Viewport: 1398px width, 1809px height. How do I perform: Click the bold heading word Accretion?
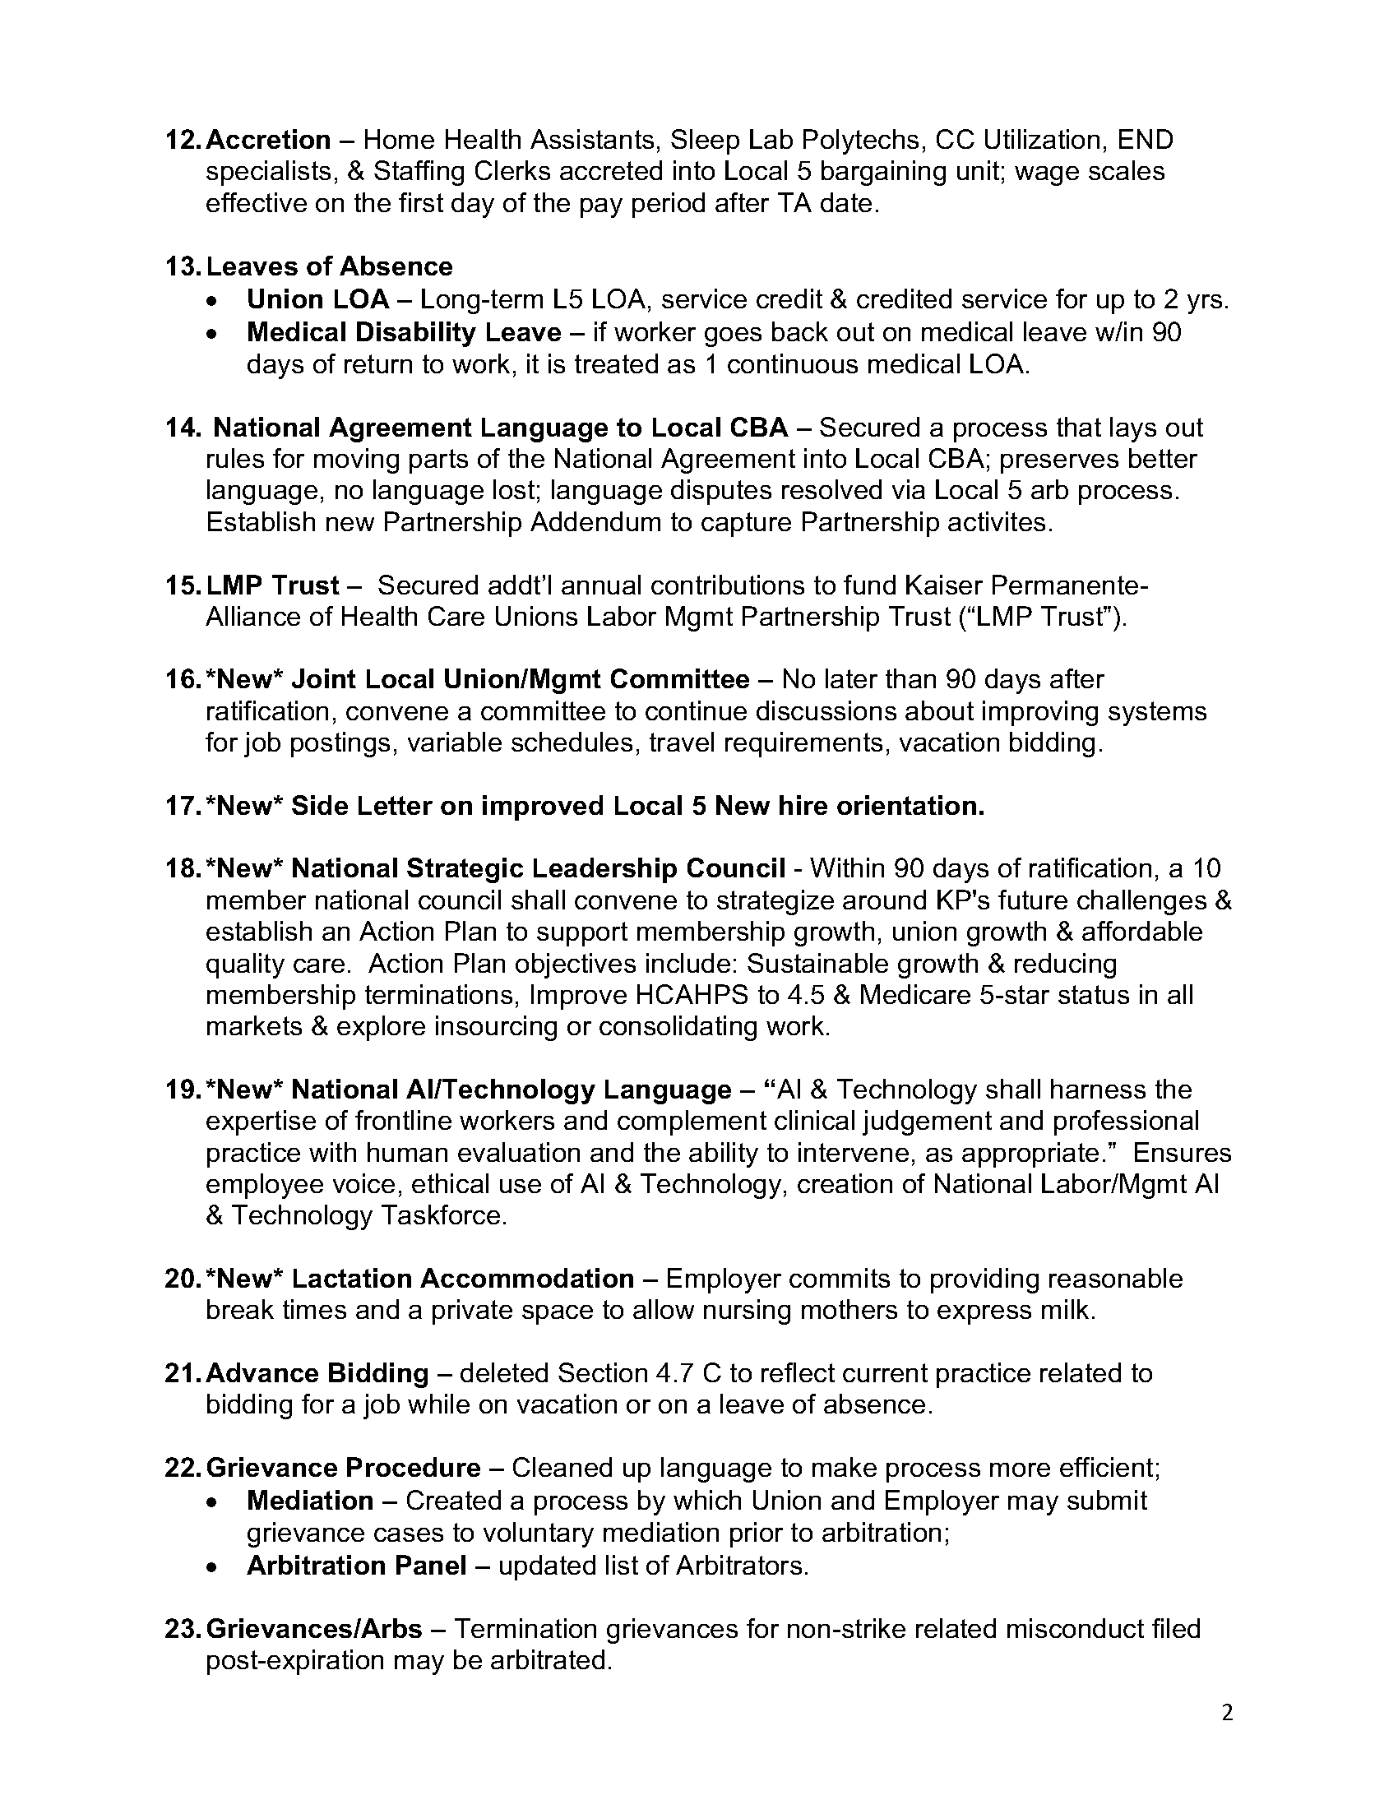tap(267, 140)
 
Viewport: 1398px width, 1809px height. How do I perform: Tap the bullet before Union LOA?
tap(215, 300)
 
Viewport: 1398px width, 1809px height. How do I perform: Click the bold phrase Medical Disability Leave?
tap(403, 332)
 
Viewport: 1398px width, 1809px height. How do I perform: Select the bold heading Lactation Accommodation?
tap(463, 1278)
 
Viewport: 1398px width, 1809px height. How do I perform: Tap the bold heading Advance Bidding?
tap(317, 1373)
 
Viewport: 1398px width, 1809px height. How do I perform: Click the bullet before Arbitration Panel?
tap(215, 1566)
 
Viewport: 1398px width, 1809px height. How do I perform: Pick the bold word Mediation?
tap(310, 1501)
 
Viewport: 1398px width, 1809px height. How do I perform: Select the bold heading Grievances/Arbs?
tap(314, 1629)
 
